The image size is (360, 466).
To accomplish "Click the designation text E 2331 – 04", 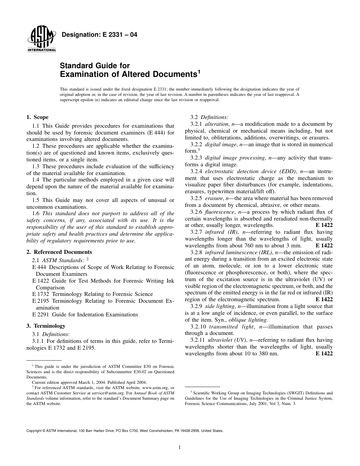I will (99, 35).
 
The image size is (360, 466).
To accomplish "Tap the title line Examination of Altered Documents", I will (129, 74).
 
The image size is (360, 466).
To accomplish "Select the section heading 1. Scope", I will (38, 117).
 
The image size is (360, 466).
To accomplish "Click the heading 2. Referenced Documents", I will (59, 252).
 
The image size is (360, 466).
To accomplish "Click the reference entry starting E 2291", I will (85, 314).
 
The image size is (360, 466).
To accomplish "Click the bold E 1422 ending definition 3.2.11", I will (324, 353).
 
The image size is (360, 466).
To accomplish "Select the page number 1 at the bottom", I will (180, 447).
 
